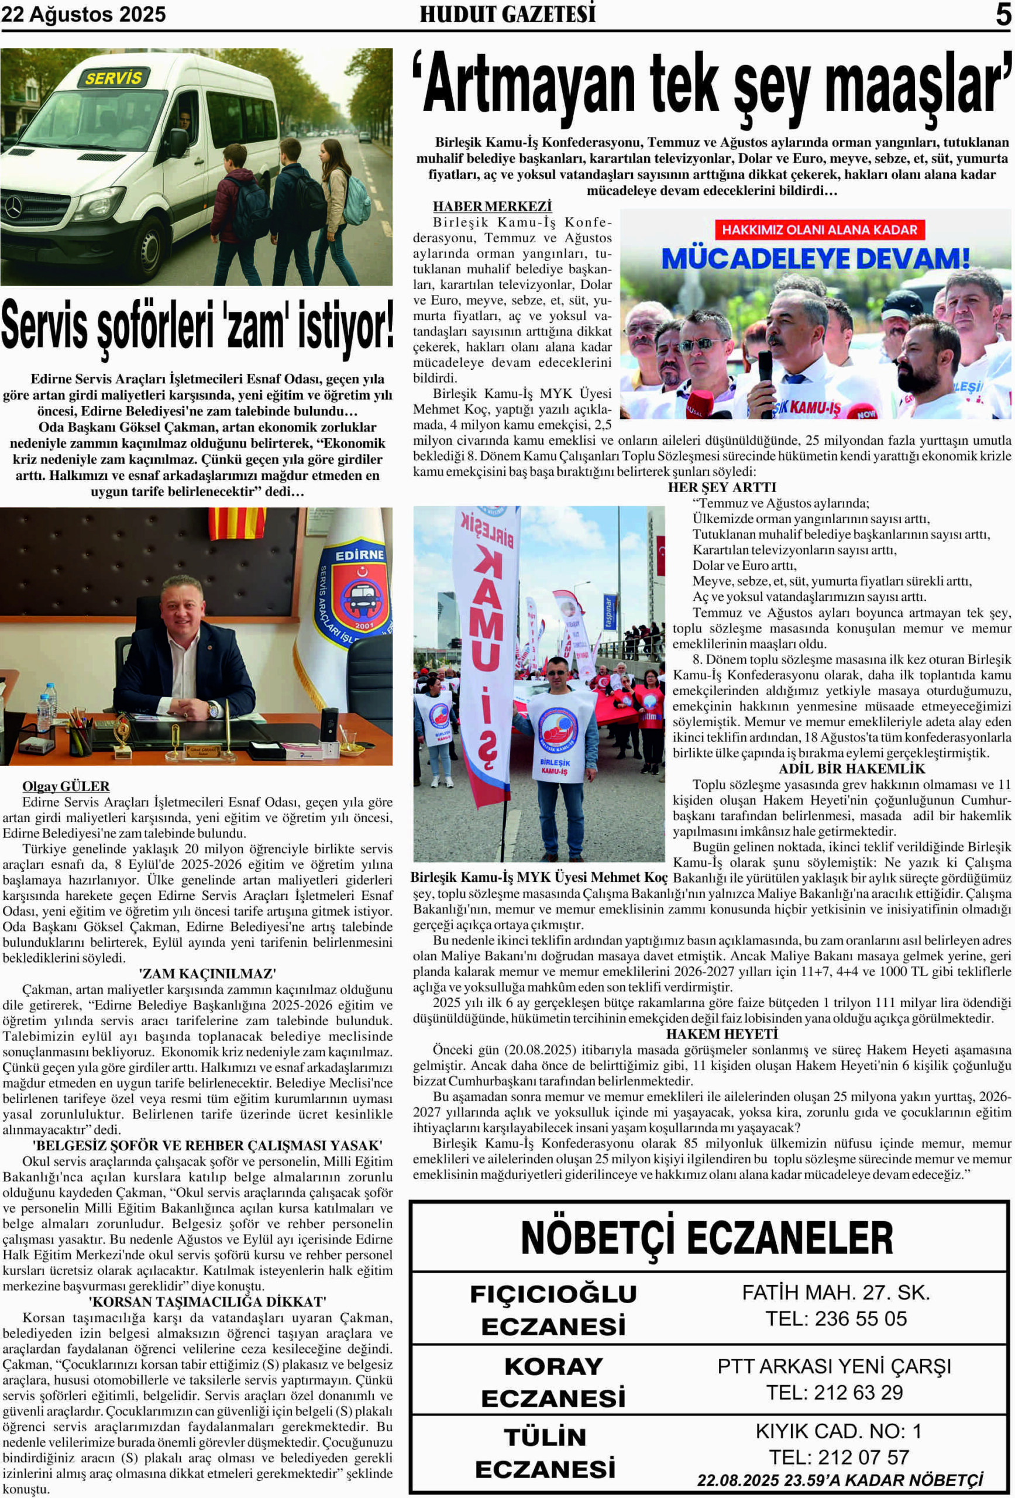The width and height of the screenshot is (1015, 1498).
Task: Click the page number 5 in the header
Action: pyautogui.click(x=1003, y=14)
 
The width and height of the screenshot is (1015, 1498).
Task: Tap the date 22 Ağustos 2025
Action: pyautogui.click(x=84, y=14)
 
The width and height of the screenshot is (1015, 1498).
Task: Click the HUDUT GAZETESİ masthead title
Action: pyautogui.click(x=507, y=14)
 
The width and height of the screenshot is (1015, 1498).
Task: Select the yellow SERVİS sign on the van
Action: pyautogui.click(x=113, y=78)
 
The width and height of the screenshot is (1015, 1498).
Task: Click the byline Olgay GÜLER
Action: pyautogui.click(x=66, y=786)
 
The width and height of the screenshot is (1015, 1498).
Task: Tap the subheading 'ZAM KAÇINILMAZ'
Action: pyautogui.click(x=207, y=974)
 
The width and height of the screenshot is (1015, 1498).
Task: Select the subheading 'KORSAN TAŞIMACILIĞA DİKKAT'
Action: pyautogui.click(x=207, y=1302)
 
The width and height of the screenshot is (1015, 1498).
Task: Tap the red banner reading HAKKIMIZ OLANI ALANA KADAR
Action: pyautogui.click(x=819, y=230)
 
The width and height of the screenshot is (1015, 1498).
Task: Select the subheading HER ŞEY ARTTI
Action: pyautogui.click(x=722, y=487)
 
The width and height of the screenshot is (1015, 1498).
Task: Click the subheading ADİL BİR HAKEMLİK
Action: pyautogui.click(x=851, y=769)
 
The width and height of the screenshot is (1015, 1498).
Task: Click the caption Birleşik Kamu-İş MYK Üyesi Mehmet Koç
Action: pyautogui.click(x=539, y=877)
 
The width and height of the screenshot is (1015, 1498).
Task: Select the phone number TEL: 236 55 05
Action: pyautogui.click(x=836, y=1319)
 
